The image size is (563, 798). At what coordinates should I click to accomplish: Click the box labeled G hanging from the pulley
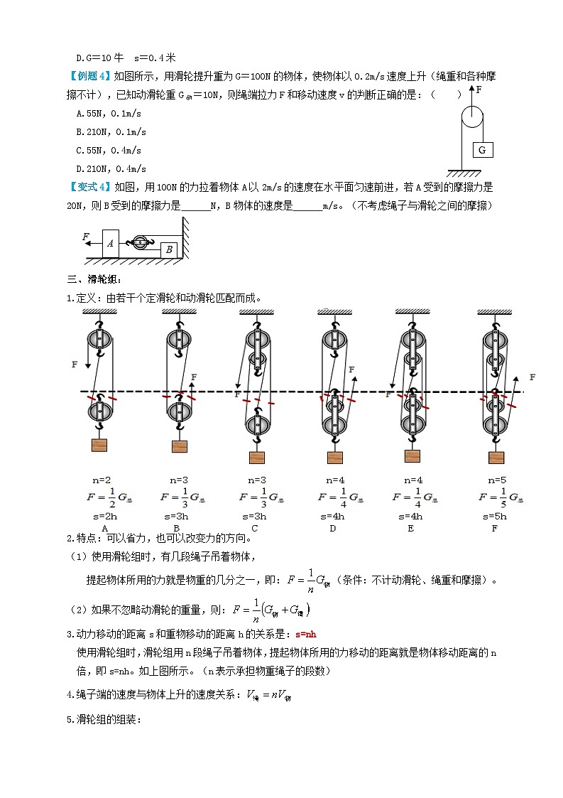tap(482, 150)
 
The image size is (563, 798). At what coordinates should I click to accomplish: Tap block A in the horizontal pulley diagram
tap(110, 243)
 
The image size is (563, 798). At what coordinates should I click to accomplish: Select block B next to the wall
tap(168, 249)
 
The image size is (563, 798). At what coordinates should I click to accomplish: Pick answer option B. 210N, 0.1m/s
tap(111, 131)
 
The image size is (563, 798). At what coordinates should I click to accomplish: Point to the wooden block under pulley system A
tap(99, 445)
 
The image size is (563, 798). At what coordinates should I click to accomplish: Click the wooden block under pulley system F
tap(496, 457)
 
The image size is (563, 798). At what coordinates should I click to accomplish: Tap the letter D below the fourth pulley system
tap(332, 528)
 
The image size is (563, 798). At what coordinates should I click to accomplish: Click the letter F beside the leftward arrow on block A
tap(86, 236)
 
